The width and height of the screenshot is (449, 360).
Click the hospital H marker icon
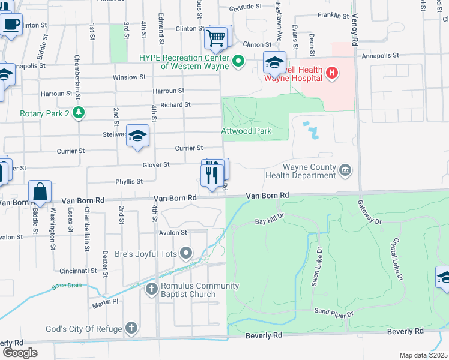(332, 74)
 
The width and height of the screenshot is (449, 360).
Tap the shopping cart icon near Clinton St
(216, 38)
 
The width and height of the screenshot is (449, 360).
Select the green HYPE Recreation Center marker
(238, 61)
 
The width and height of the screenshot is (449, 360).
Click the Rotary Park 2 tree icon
(77, 112)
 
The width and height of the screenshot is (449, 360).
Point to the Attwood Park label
(246, 131)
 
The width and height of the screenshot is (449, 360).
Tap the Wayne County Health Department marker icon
(345, 170)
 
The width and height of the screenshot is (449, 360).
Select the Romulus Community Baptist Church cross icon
(152, 290)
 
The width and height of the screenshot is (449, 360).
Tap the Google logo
(20, 352)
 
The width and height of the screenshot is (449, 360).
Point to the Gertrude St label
(246, 8)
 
